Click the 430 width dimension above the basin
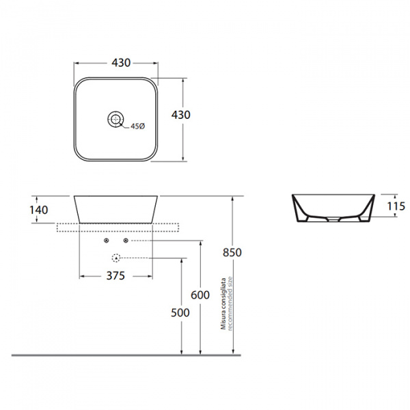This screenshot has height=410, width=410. (121, 63)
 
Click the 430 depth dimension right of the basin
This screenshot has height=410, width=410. (180, 115)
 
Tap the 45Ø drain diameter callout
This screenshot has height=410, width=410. (137, 126)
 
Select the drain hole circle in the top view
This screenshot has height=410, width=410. (115, 120)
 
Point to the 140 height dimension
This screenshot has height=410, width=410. (39, 210)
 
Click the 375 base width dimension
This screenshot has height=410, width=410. (115, 275)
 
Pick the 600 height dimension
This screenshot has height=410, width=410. (200, 295)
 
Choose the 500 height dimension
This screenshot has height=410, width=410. (180, 313)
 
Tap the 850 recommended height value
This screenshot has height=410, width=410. (232, 253)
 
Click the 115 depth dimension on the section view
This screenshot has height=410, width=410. (396, 206)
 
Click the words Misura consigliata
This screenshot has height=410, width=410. (223, 303)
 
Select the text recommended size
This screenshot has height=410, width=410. (230, 303)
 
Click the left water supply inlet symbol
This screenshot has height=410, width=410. (107, 241)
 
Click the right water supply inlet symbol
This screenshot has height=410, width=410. (126, 241)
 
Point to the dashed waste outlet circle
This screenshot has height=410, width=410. (116, 258)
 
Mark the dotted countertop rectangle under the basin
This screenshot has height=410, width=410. (118, 228)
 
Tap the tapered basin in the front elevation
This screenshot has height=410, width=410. (115, 210)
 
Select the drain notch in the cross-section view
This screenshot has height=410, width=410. (333, 219)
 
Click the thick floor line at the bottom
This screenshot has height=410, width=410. (126, 355)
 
